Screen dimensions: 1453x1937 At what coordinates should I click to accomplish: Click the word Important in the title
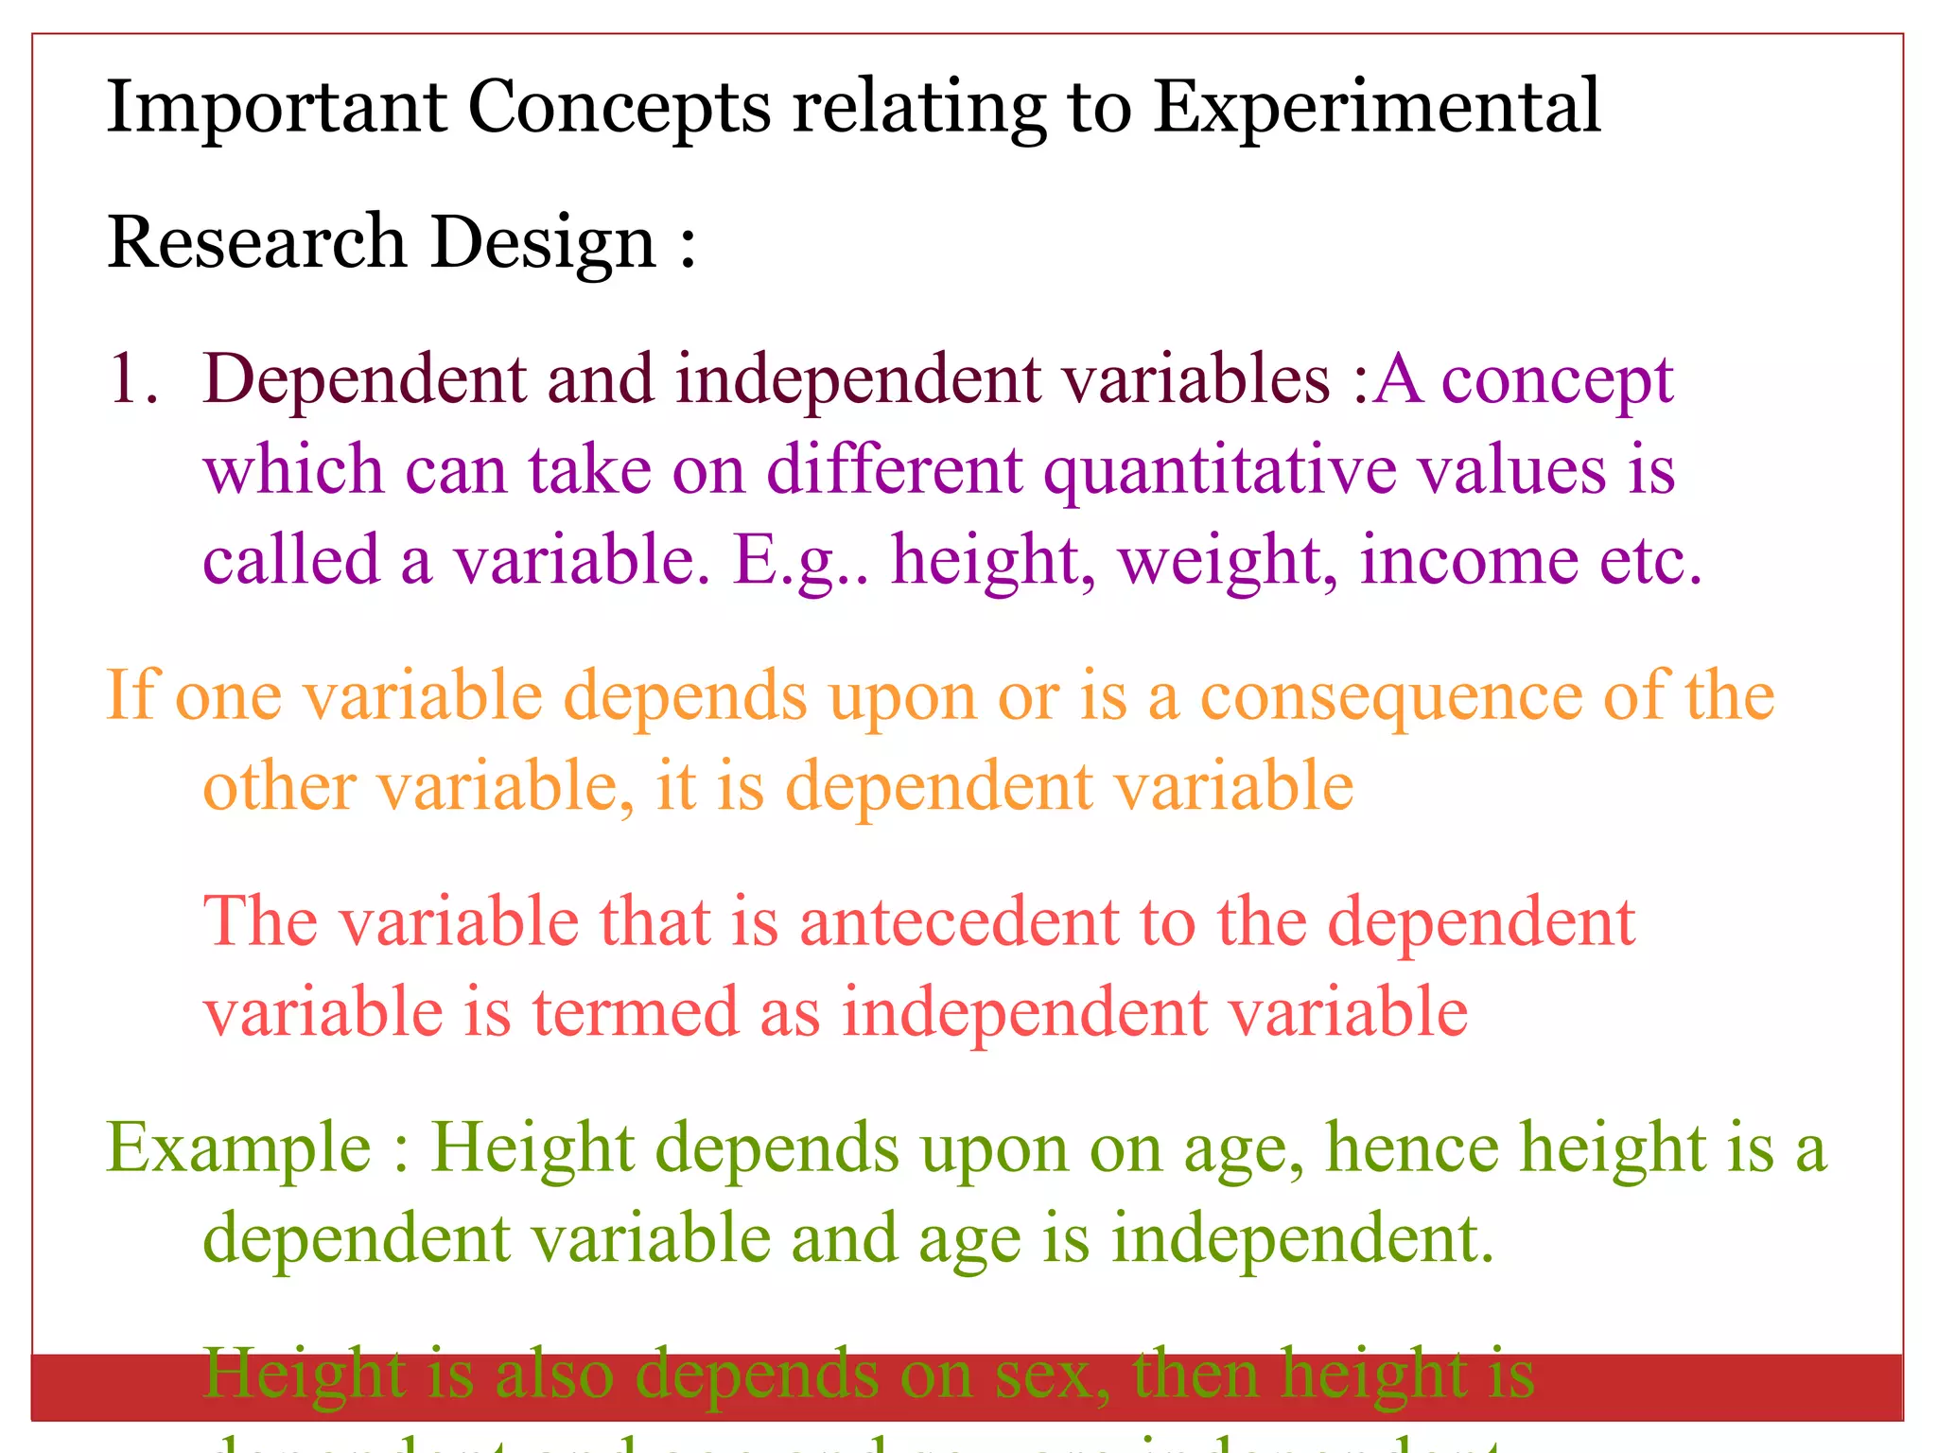[276, 108]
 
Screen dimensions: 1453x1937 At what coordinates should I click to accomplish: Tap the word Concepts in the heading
[619, 108]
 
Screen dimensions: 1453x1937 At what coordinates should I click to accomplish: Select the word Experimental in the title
[1377, 108]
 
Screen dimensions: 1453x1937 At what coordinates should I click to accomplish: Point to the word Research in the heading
[257, 242]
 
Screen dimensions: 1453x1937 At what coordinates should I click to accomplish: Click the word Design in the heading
[543, 242]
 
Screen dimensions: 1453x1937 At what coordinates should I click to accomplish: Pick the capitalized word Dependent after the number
[363, 379]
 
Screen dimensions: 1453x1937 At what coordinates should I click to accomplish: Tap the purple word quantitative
[1219, 470]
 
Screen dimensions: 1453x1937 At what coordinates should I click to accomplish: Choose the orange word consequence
[1390, 696]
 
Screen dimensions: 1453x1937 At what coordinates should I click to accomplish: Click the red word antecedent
[959, 922]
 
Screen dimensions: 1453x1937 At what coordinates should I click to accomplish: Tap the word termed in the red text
[635, 1012]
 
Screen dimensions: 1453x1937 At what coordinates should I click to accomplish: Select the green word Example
[238, 1148]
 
